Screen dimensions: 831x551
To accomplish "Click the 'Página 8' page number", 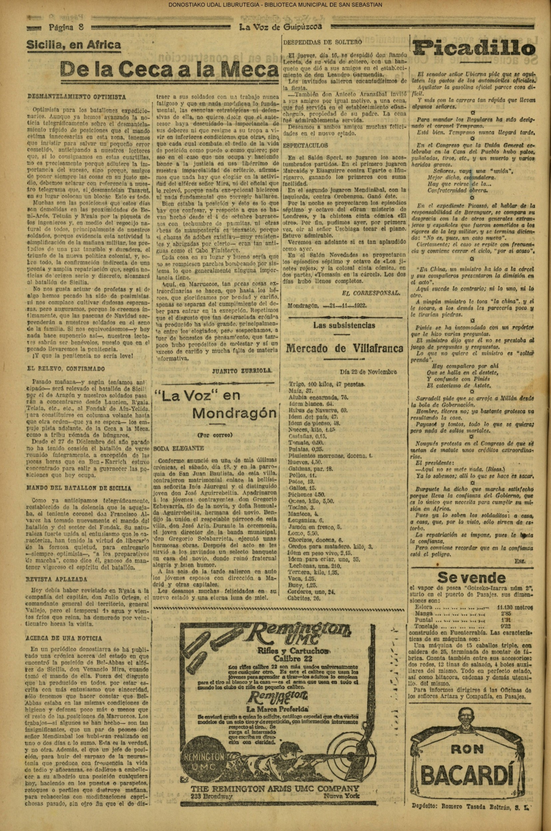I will click(x=66, y=27).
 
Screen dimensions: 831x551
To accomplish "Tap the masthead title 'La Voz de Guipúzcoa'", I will click(x=280, y=27).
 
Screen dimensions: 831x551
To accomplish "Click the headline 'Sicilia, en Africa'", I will click(x=73, y=45).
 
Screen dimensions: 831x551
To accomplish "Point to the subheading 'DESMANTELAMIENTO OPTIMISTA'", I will click(x=76, y=97).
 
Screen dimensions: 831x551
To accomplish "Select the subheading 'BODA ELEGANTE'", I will click(x=179, y=449).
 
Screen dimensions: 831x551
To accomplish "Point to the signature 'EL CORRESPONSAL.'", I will click(x=370, y=292).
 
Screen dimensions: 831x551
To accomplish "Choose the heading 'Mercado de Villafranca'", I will click(x=345, y=348).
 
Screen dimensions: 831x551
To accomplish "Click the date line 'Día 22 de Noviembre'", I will click(x=368, y=372).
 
